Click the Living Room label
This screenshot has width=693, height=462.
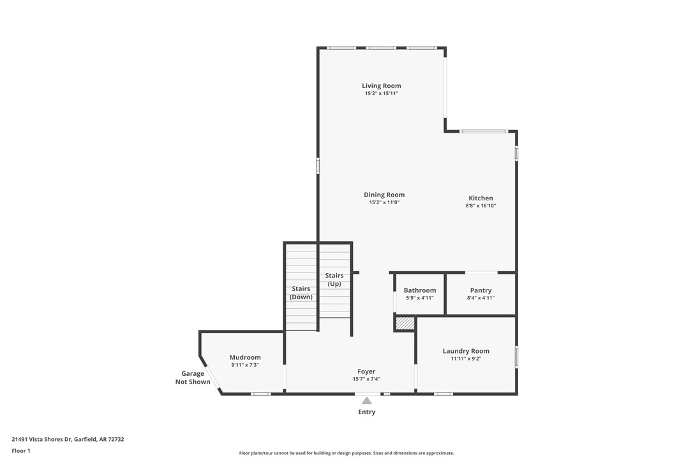click(x=381, y=86)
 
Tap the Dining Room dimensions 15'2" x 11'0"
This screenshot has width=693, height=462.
click(x=384, y=203)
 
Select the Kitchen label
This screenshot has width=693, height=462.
click(x=481, y=198)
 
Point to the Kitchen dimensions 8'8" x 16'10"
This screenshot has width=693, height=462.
click(x=481, y=206)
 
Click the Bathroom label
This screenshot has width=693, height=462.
click(x=419, y=290)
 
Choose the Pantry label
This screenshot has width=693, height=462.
click(x=481, y=290)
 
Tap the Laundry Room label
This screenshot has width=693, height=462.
click(x=466, y=351)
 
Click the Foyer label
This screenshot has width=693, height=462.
click(x=366, y=371)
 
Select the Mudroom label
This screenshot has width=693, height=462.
click(x=245, y=357)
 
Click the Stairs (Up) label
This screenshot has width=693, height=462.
click(x=334, y=279)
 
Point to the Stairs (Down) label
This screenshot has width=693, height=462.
click(x=301, y=293)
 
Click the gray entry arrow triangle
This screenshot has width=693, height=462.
click(x=366, y=401)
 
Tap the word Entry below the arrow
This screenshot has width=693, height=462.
click(x=366, y=412)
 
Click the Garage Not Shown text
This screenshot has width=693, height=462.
click(x=193, y=378)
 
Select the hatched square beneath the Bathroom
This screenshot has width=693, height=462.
click(x=405, y=324)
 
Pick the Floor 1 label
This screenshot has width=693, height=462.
click(x=21, y=451)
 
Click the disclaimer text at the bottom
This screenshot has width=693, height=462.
click(x=346, y=453)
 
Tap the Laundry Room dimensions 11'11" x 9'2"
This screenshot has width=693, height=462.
click(x=466, y=359)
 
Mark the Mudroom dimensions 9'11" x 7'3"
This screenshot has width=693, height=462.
click(x=245, y=365)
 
